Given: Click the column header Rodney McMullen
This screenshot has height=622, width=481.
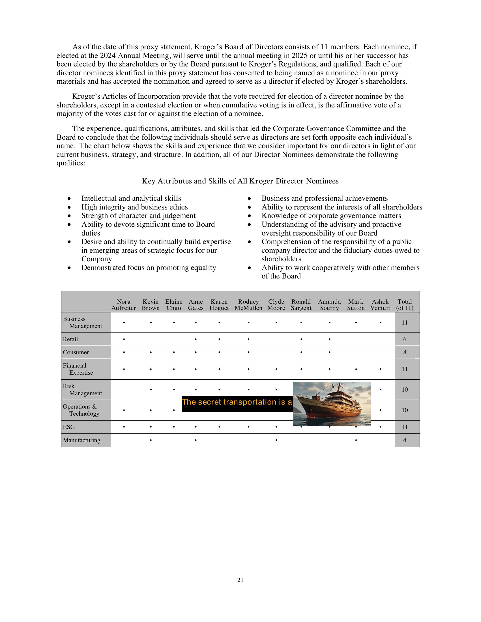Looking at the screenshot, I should [248, 305].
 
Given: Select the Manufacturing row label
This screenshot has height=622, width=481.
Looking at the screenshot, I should [81, 440].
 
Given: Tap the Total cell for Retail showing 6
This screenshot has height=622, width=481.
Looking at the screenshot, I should [405, 339].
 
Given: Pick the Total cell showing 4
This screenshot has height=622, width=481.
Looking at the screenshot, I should [405, 440].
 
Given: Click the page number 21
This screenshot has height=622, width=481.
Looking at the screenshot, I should [240, 580].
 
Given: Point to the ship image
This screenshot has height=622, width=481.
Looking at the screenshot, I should [332, 404].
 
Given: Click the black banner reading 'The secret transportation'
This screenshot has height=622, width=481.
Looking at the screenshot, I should [237, 404].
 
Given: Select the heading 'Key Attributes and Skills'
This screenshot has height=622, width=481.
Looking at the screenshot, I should [240, 181].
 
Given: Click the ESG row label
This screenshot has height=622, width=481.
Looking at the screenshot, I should [69, 427].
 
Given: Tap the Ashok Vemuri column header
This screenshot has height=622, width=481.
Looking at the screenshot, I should [380, 305].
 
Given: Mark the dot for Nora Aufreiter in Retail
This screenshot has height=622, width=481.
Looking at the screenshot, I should [124, 339].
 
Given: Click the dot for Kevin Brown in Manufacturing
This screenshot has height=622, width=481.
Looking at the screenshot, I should [151, 440].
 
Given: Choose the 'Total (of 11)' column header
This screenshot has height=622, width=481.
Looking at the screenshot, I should [405, 305].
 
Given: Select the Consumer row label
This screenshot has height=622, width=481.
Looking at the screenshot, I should [76, 352].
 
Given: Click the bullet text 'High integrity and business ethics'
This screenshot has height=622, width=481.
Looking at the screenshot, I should [134, 207].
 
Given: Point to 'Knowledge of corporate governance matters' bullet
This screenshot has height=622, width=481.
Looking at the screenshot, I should [331, 216].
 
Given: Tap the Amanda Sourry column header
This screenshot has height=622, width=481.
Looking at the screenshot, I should [329, 305].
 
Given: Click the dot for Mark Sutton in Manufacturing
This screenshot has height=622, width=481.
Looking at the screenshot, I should [356, 440].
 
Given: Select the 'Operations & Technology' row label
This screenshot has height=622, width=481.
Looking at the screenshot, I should [81, 410].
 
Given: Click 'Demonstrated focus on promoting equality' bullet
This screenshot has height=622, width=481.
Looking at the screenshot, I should [149, 268].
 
